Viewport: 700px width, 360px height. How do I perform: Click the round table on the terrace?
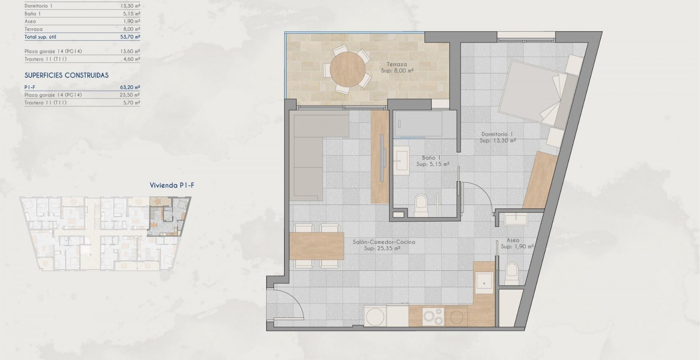348,69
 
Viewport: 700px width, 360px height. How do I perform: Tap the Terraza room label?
396,64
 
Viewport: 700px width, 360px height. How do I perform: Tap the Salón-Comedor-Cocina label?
384,242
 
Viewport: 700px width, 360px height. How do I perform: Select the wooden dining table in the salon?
317,246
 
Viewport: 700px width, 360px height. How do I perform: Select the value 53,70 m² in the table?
130,37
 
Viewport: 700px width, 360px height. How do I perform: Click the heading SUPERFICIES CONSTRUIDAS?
66,75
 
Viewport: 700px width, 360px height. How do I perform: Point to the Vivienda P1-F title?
172,185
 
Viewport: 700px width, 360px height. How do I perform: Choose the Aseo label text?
513,240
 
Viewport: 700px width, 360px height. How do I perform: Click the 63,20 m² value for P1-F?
130,87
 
